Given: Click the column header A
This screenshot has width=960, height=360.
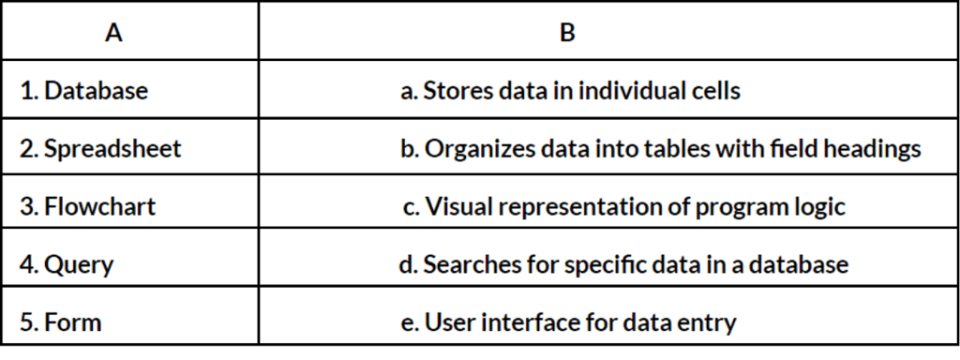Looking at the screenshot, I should [113, 33].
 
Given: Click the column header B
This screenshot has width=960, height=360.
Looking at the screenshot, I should [567, 33].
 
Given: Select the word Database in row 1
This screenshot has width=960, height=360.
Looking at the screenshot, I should [97, 91].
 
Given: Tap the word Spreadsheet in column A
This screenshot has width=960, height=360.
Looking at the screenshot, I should [112, 149].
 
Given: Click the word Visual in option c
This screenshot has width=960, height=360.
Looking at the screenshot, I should [454, 207].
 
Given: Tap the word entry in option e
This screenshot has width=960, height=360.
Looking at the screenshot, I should [710, 323].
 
